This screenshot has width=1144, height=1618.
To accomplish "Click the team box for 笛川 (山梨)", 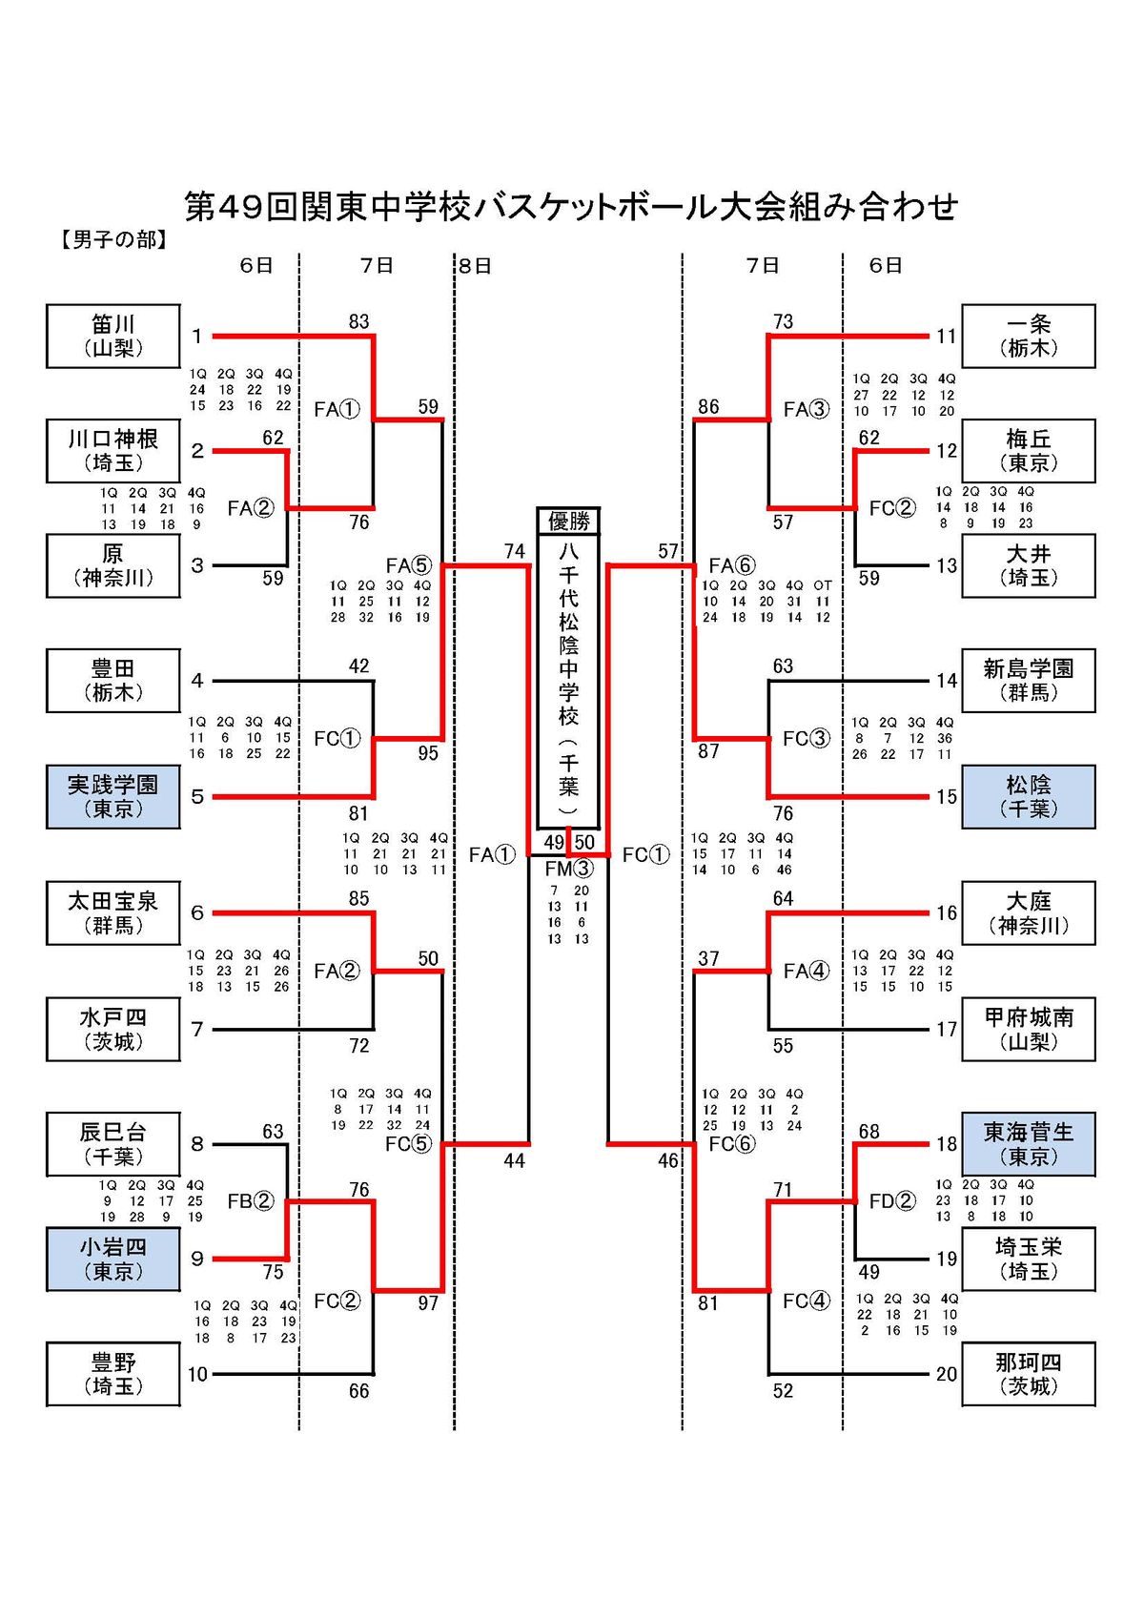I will [x=112, y=336].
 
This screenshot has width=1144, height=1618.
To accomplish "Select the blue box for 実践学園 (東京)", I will [x=112, y=796].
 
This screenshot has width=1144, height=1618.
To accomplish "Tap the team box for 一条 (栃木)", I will [x=1028, y=336].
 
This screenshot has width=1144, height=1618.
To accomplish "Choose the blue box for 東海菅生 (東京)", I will [x=1028, y=1143].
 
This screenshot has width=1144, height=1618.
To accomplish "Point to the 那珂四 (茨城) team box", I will [x=1028, y=1374].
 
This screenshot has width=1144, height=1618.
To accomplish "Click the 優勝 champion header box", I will [x=568, y=521].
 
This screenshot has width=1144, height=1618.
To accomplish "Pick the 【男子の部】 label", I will [x=113, y=239].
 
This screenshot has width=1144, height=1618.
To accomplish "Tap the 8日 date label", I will [x=475, y=266].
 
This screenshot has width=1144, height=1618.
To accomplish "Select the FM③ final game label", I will [x=568, y=869].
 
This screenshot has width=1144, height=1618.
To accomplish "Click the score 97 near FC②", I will [x=428, y=1302].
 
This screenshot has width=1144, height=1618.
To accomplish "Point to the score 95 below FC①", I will [x=428, y=752].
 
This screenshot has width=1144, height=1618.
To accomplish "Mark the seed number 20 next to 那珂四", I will [x=946, y=1374].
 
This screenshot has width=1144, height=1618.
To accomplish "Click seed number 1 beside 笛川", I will [x=197, y=336].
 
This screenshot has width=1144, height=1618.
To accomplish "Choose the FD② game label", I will [x=892, y=1200].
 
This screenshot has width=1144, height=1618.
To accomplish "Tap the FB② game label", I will [x=251, y=1200].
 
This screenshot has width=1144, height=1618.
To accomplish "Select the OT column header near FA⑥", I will [x=823, y=585].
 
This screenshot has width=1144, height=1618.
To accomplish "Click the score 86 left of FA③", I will [x=708, y=407].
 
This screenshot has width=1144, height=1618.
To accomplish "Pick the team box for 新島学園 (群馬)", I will [x=1028, y=681].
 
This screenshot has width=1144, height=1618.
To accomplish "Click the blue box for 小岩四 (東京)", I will [x=112, y=1259].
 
